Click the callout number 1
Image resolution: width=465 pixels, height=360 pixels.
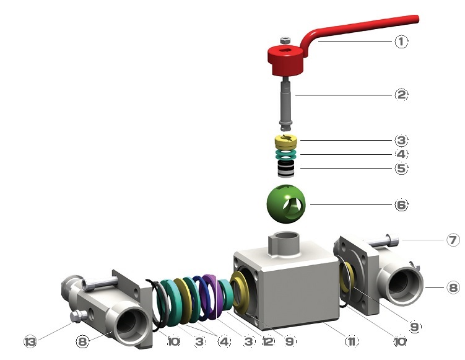pos(401,42)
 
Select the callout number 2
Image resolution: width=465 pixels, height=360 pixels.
pos(401,95)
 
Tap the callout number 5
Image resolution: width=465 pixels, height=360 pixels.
pos(401,169)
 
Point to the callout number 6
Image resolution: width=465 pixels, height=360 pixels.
pos(401,204)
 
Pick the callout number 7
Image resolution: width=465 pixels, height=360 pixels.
pos(453,240)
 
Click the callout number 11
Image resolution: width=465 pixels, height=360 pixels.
pos(352,341)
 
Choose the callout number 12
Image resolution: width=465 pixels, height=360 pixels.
pos(267,341)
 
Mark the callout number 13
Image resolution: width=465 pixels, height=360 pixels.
pos(30,341)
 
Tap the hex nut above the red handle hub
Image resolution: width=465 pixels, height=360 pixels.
pos(285,40)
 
